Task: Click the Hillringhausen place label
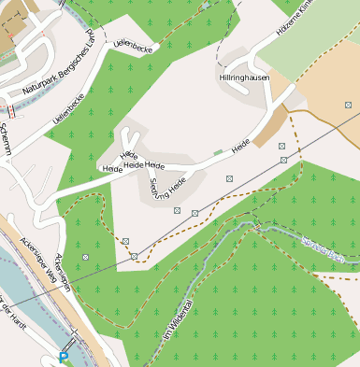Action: [x=245, y=78]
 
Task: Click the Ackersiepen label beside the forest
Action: [x=63, y=272]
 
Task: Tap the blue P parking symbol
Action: [x=64, y=358]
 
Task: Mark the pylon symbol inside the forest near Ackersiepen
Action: [x=86, y=257]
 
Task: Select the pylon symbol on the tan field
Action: [x=281, y=146]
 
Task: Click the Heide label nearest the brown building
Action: [x=240, y=146]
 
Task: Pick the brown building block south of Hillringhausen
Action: [x=270, y=126]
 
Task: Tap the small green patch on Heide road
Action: [x=218, y=151]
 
